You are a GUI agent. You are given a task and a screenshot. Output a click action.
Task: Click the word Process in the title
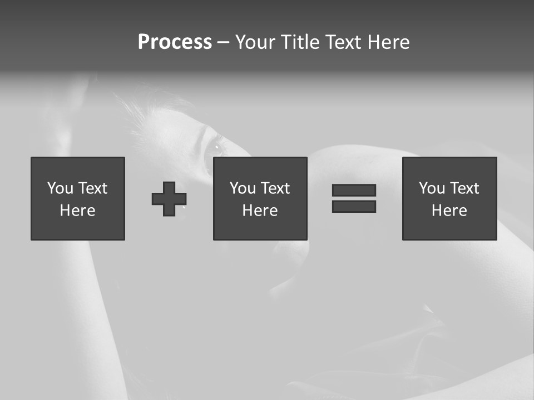pos(175,42)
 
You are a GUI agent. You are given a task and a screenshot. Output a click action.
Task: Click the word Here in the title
pos(388,42)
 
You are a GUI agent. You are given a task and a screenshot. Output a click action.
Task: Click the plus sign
pos(169,199)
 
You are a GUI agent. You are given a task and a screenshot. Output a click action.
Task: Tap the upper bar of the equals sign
pos(354,190)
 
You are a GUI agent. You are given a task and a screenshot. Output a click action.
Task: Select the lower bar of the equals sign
pos(354,207)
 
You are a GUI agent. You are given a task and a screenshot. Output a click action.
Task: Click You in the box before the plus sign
pos(60,188)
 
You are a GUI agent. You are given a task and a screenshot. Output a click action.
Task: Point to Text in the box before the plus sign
pos(92,188)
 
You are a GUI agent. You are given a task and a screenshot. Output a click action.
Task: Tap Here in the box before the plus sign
pos(77,211)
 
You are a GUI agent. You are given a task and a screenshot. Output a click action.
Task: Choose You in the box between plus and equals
pos(243,188)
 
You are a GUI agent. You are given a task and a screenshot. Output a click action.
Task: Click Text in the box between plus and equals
pos(275,188)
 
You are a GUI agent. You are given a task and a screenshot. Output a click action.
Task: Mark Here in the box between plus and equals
pos(260,211)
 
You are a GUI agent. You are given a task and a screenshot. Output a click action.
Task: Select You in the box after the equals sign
pos(432,188)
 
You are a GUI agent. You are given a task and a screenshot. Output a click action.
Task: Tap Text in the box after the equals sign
pos(464,188)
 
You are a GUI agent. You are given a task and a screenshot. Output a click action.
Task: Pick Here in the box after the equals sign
pos(449,211)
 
